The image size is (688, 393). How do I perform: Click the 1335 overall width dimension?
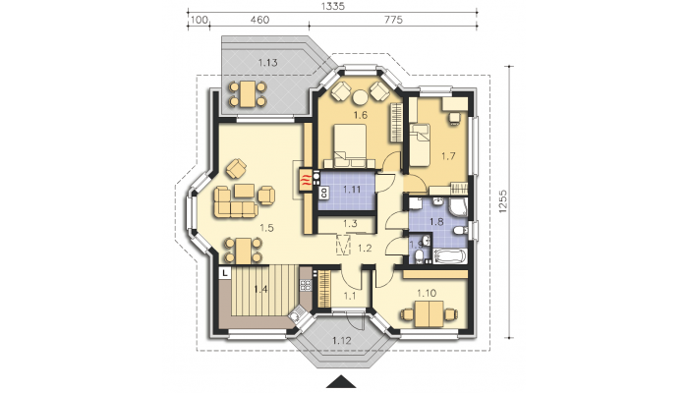[333, 6]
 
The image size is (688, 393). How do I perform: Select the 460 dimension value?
[259, 20]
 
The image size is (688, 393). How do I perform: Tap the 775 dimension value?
[393, 20]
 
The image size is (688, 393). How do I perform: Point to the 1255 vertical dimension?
[502, 201]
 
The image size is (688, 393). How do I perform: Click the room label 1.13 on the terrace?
[267, 63]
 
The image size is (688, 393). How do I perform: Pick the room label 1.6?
[361, 115]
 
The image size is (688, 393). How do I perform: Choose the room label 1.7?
[448, 155]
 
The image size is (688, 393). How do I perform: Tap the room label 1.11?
[352, 190]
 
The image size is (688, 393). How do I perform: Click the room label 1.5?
[266, 228]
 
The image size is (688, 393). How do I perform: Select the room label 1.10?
[427, 293]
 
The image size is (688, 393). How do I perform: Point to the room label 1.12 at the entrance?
[342, 340]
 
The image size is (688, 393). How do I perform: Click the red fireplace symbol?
[306, 180]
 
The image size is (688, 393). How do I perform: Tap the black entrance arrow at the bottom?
[341, 382]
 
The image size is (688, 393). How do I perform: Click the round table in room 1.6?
[361, 97]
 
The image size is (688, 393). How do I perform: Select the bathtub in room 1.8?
[449, 256]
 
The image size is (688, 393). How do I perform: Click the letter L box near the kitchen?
[225, 273]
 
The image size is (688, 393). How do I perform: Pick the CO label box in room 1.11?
[323, 193]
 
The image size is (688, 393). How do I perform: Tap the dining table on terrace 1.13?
[248, 94]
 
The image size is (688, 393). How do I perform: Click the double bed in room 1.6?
[350, 146]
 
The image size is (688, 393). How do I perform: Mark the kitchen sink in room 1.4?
[295, 316]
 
